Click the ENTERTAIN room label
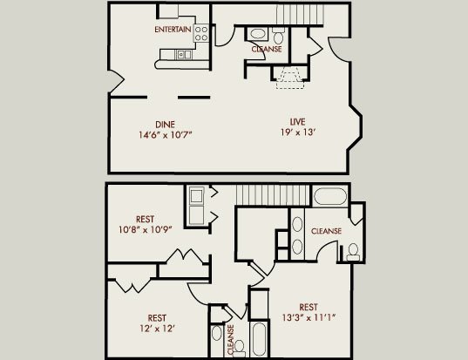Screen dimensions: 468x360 pos(173,30)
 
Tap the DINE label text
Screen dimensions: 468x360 pos(165,124)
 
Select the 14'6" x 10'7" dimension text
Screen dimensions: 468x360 pos(165,135)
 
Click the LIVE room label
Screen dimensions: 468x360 pos(297,122)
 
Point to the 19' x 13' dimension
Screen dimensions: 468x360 pos(298,132)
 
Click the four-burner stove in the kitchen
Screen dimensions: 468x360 pos(200,33)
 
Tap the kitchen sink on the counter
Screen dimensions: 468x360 pos(184,55)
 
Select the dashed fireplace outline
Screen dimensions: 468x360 pos(290,78)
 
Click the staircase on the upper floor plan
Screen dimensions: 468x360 pos(300,14)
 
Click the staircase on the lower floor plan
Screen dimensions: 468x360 pos(273,195)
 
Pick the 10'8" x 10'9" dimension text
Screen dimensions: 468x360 pos(146,229)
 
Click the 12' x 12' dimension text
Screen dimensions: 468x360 pos(157,329)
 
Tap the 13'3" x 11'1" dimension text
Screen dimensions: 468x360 pos(309,317)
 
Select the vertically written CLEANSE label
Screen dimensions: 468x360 pos(231,340)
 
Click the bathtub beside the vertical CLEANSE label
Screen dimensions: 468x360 pos(259,339)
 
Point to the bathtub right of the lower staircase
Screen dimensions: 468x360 pos(330,196)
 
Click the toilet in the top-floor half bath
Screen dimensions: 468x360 pos(279,36)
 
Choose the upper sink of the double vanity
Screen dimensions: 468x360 pos(297,224)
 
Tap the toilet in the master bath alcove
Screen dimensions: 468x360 pos(353,253)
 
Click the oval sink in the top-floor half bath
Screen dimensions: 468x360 pos(258,33)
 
